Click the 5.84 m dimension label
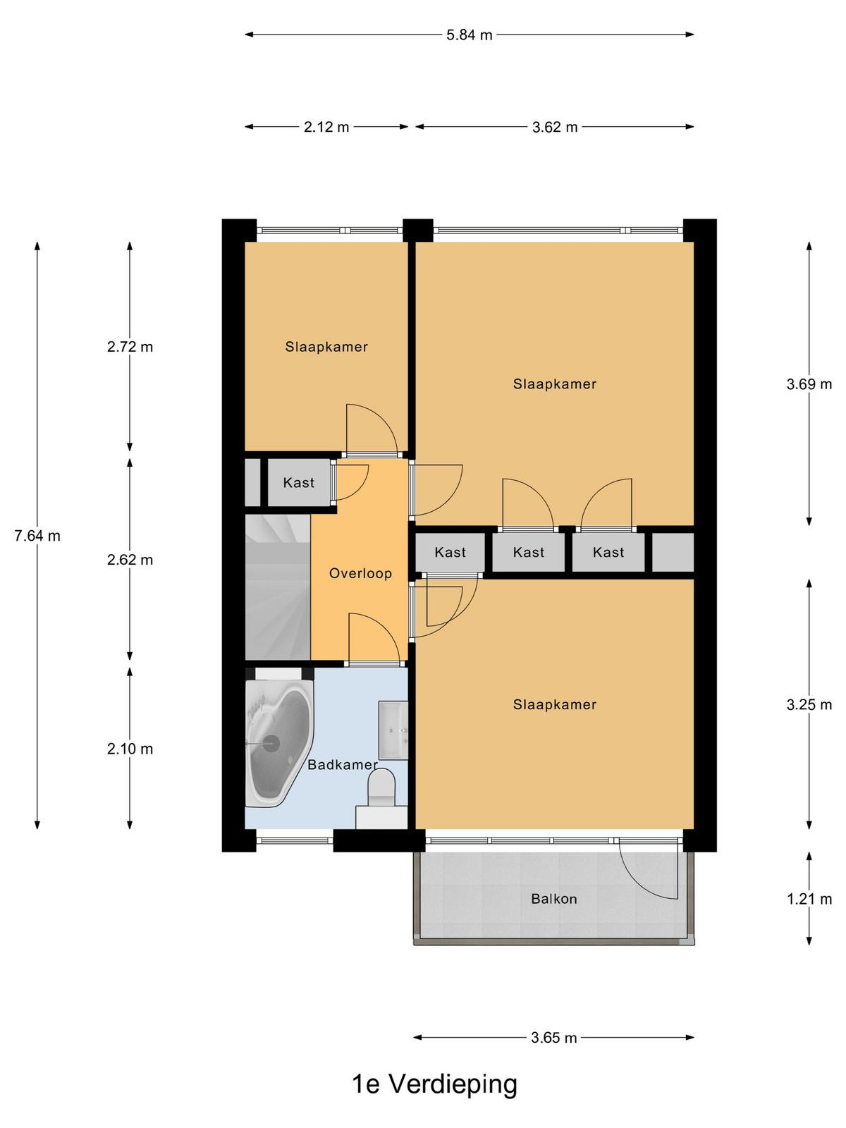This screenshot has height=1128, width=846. pos(469,35)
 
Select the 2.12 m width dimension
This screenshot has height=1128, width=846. pos(326,127)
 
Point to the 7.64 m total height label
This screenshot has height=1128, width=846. pos(37,536)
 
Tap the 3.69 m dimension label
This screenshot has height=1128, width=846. pos(809,384)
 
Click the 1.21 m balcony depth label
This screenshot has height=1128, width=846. pos(809,899)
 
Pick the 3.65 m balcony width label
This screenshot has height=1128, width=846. pos(553,1038)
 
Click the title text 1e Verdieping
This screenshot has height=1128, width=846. pos(434,1084)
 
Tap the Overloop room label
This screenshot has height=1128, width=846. pos(360,573)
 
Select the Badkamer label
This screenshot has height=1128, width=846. pos(343,765)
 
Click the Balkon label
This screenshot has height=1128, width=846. pos(553,899)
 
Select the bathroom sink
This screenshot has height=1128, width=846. pos(393,730)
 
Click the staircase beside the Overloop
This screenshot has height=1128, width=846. pos(278,587)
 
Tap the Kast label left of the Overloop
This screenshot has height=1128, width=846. pos(298,482)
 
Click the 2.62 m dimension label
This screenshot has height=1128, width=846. pos(130,560)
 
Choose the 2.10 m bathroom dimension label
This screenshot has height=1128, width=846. pos(130,749)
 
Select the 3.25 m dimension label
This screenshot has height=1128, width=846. pos(809,704)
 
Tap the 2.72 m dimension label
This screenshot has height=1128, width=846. pos(130,347)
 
